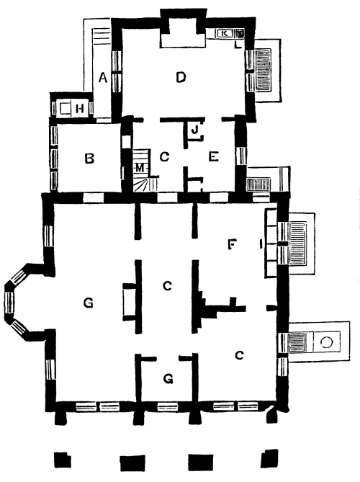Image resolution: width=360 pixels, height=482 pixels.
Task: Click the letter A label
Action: (x=103, y=78)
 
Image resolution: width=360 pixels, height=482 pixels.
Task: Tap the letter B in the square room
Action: (x=89, y=159)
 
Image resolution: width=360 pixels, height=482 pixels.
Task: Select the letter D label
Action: (x=181, y=77)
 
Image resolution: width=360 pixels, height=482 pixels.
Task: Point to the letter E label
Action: (x=214, y=157)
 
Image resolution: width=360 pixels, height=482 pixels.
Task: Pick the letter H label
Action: (x=80, y=109)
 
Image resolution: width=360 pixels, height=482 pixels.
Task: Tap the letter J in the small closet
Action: (x=194, y=130)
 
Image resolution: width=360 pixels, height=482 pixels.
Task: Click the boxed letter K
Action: (x=224, y=33)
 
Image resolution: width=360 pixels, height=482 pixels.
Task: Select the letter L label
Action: (x=238, y=44)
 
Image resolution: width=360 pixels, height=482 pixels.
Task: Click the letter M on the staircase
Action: (x=140, y=168)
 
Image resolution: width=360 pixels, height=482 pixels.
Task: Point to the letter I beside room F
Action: (x=261, y=244)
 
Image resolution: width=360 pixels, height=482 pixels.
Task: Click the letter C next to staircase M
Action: (x=165, y=157)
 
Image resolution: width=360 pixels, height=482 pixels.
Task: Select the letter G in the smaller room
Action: (x=168, y=379)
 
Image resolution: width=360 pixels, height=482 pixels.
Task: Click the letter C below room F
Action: (x=239, y=355)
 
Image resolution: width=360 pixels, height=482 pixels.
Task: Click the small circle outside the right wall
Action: (x=326, y=342)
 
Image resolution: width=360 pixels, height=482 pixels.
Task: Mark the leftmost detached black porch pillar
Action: (x=63, y=460)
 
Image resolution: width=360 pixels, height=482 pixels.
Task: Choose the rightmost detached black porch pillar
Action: (x=269, y=458)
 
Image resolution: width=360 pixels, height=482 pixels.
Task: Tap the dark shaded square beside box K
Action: (x=240, y=32)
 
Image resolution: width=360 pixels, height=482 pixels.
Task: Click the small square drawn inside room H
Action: (x=65, y=109)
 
